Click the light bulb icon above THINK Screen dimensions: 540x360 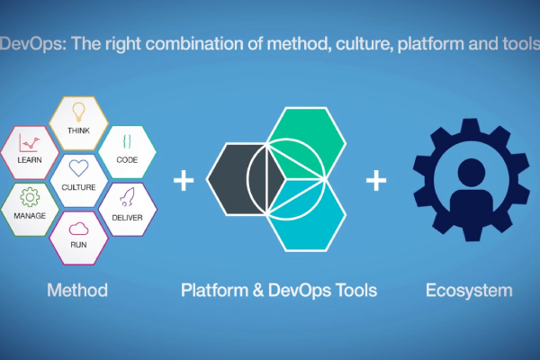click(78, 112)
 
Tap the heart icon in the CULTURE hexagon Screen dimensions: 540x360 click(78, 168)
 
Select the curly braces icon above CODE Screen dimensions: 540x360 click(127, 141)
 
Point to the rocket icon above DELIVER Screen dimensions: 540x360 click(127, 197)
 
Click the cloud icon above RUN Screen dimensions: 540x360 click(78, 229)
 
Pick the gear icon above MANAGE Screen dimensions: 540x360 click(30, 197)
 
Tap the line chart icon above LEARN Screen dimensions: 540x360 click(30, 142)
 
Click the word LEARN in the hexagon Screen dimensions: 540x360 click(30, 160)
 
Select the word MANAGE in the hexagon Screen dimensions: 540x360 click(30, 216)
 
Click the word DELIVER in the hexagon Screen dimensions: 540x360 click(127, 218)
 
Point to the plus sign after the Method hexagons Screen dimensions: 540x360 click(184, 180)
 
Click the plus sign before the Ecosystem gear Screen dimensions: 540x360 click(376, 180)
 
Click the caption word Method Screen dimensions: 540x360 click(77, 290)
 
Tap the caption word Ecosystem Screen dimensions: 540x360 click(469, 291)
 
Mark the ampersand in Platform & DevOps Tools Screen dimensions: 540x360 click(258, 290)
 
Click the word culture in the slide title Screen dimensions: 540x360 click(364, 44)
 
